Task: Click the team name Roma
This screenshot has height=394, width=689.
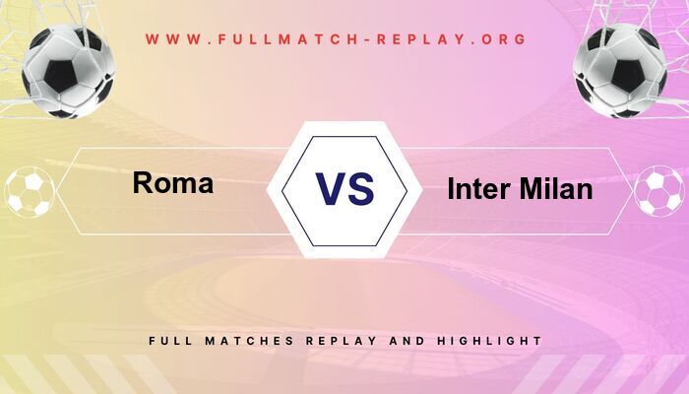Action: tap(172, 183)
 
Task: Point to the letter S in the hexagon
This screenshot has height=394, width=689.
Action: tap(361, 188)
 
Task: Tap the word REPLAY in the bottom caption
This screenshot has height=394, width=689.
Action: tap(340, 340)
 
